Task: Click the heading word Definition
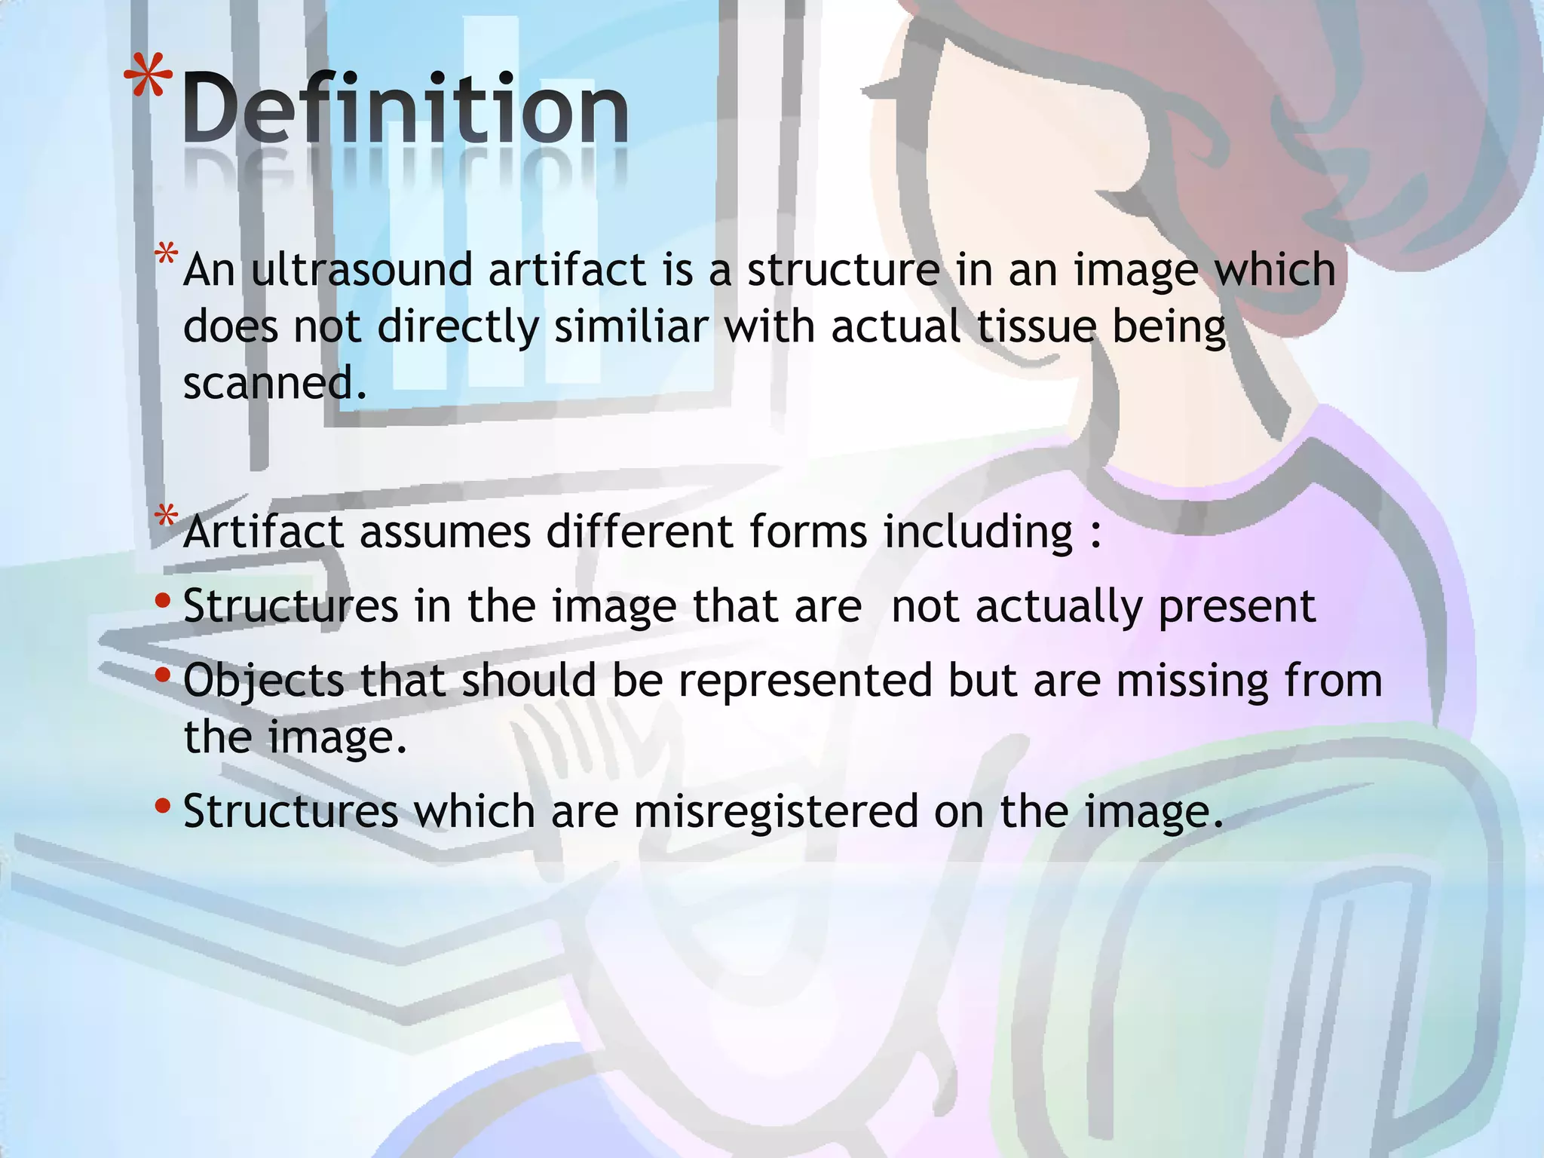click(405, 109)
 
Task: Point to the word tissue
click(1036, 326)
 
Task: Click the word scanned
click(274, 383)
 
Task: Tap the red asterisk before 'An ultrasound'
click(166, 255)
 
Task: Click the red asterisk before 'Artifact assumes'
click(166, 517)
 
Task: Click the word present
click(1236, 607)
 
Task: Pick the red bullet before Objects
click(162, 675)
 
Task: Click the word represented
click(804, 681)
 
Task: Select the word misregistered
click(776, 811)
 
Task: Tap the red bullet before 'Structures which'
click(162, 806)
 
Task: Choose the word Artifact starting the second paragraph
click(263, 532)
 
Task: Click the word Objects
click(263, 681)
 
